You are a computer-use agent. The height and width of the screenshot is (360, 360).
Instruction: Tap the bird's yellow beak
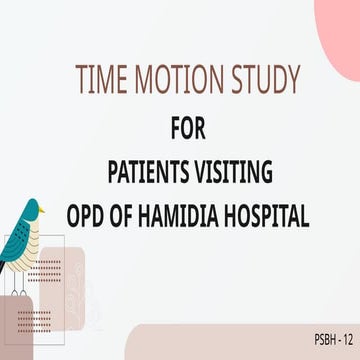(45, 211)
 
